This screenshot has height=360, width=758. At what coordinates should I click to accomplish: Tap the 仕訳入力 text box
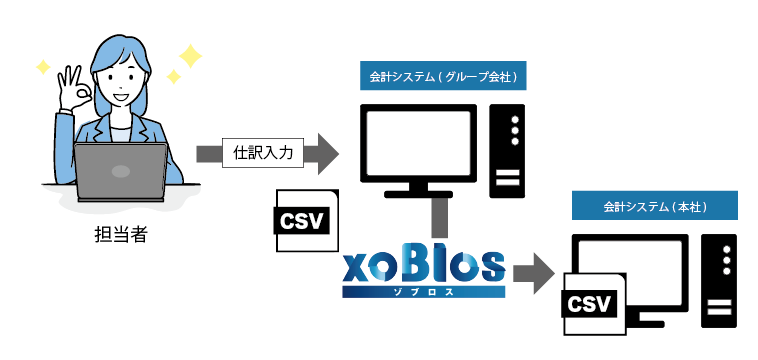[x=263, y=153]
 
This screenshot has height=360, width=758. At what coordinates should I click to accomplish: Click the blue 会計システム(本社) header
[x=655, y=206]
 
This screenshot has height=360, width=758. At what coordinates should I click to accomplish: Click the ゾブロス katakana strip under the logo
[x=423, y=291]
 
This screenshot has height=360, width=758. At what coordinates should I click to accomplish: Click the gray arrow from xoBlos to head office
[x=531, y=273]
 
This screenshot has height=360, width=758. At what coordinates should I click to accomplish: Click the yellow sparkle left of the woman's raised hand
[x=42, y=67]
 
